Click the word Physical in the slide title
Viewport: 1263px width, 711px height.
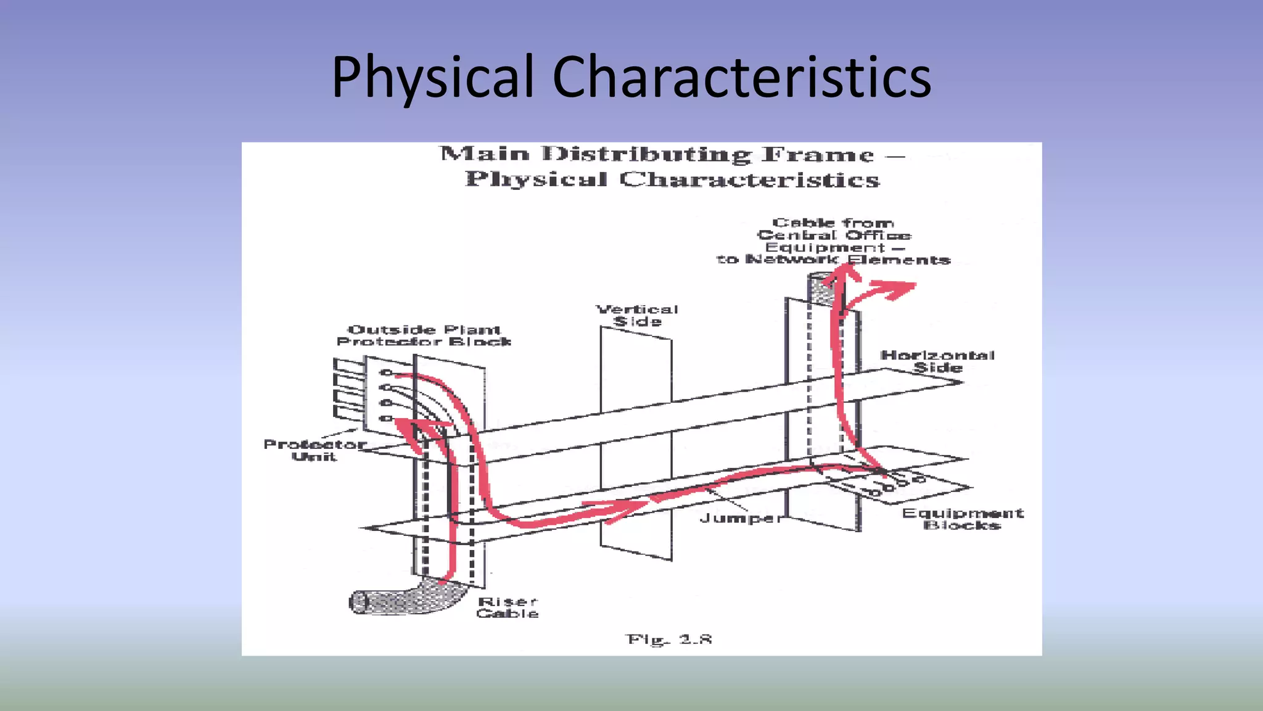(x=432, y=77)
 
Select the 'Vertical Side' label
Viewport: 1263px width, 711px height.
(x=637, y=315)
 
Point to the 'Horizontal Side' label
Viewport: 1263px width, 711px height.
(x=937, y=361)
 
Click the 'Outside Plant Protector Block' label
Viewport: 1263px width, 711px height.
(x=424, y=336)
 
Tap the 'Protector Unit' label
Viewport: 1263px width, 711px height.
(x=315, y=450)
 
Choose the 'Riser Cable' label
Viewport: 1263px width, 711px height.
(x=508, y=607)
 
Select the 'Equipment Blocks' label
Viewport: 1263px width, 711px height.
(x=963, y=519)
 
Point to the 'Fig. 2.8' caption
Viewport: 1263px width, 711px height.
(x=669, y=639)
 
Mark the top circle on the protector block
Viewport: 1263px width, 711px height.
(x=386, y=372)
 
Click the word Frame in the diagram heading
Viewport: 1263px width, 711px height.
(x=818, y=154)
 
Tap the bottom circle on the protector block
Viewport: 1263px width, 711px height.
(x=386, y=419)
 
